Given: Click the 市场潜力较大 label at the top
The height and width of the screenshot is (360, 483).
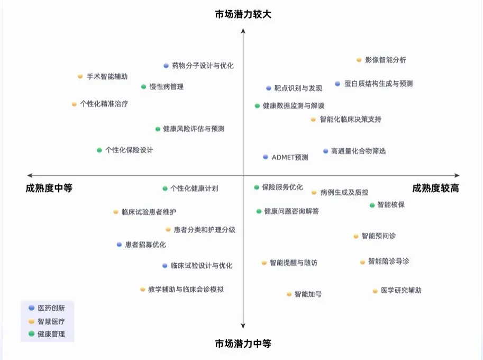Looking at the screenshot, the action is point(243,14).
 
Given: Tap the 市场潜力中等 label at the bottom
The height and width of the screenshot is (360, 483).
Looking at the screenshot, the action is point(243,344).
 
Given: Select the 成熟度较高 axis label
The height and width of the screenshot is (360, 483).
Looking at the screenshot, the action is point(435,188).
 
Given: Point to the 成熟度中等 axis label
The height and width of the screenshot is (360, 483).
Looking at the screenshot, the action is point(49,188).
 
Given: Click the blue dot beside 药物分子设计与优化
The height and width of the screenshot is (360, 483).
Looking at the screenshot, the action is point(166,66).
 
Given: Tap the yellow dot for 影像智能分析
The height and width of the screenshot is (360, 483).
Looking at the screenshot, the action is point(359,60).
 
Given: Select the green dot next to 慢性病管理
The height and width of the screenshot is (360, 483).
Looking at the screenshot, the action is point(143,87).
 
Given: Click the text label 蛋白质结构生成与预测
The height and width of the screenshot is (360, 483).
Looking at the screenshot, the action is point(378,84).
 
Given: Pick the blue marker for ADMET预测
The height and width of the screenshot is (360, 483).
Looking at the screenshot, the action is point(266,157).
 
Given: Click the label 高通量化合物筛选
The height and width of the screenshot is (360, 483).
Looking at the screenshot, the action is point(358,151).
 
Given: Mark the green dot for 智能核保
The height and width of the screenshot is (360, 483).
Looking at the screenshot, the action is point(372,205).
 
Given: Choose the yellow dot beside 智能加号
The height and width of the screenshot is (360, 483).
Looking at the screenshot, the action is point(289,294).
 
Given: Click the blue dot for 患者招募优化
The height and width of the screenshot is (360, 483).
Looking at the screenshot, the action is point(120,245).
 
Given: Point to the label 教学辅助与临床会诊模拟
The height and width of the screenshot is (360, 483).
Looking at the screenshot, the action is point(186,290).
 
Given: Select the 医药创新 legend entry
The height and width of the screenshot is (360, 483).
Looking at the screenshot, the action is point(48,308).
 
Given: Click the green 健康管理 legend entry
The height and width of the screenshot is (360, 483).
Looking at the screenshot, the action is point(48,334).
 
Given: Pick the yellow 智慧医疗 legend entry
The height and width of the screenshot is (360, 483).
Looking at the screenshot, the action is point(48,321).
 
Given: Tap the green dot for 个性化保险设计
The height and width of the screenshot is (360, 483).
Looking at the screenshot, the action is point(99,150).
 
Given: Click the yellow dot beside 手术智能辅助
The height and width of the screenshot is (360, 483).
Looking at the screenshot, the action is point(80,77).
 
